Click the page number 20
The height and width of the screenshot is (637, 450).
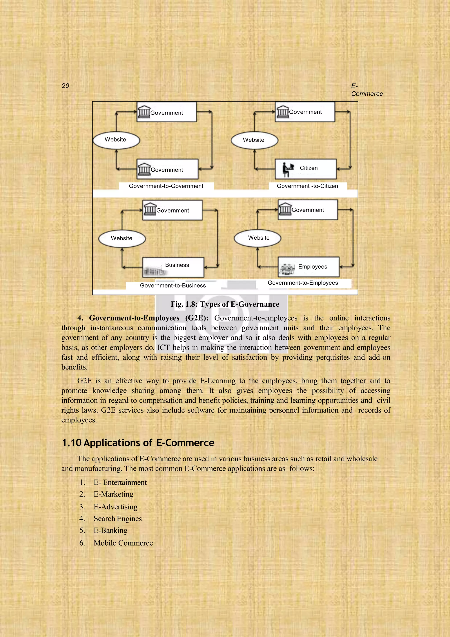(65, 86)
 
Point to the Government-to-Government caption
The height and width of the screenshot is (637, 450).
(166, 186)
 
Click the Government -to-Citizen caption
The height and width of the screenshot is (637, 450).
(307, 186)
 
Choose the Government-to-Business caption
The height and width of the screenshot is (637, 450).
(173, 286)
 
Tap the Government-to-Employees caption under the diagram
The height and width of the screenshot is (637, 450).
(303, 283)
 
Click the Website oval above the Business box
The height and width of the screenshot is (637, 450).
(122, 238)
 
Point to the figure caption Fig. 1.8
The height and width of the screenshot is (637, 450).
(225, 304)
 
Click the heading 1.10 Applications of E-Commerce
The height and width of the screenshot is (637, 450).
(138, 443)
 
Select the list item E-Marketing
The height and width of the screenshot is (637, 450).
(113, 494)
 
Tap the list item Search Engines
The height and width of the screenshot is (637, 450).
(118, 519)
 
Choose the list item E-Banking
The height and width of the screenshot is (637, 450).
(110, 530)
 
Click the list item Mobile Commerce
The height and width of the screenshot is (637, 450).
(123, 543)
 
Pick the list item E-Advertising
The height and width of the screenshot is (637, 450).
(115, 507)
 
